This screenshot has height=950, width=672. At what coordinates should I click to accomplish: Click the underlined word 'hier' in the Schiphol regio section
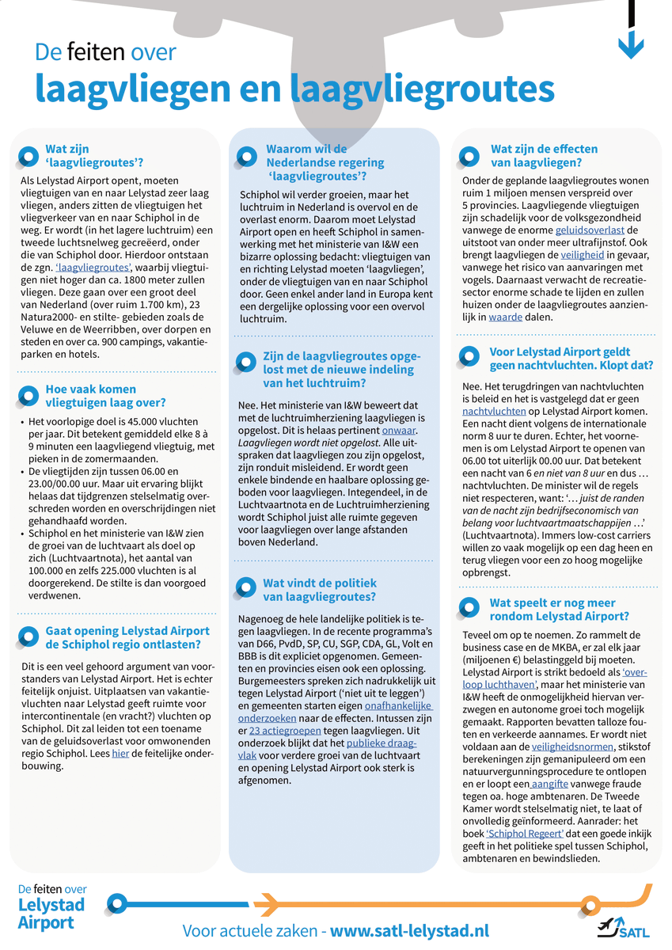[x=120, y=754]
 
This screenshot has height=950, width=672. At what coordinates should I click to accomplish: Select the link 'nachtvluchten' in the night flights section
[x=494, y=411]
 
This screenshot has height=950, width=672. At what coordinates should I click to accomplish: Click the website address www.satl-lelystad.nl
[x=409, y=930]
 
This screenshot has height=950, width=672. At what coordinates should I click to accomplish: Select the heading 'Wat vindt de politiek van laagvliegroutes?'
[x=319, y=590]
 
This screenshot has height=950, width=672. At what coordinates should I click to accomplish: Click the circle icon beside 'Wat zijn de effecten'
[x=472, y=154]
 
